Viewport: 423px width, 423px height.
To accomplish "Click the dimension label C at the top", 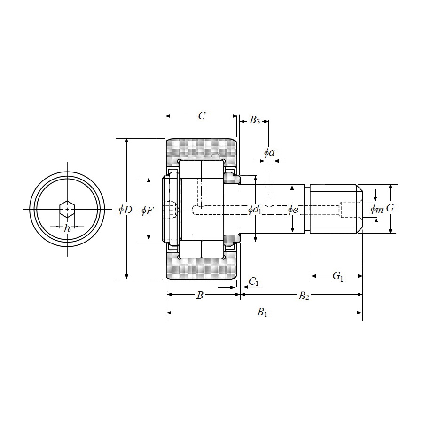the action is (202, 116).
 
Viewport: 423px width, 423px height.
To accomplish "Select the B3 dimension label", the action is (254, 120).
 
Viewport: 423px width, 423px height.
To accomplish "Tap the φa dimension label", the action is (269, 153).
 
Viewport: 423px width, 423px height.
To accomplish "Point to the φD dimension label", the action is (125, 209).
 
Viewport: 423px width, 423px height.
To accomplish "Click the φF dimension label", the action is (147, 211).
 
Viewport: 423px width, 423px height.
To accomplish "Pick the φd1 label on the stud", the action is (255, 210).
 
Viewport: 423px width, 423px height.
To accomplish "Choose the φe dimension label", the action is (293, 210).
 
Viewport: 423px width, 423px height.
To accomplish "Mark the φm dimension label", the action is (377, 209).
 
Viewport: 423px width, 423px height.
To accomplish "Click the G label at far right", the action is (390, 208).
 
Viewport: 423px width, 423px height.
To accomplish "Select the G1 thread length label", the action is (338, 276).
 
